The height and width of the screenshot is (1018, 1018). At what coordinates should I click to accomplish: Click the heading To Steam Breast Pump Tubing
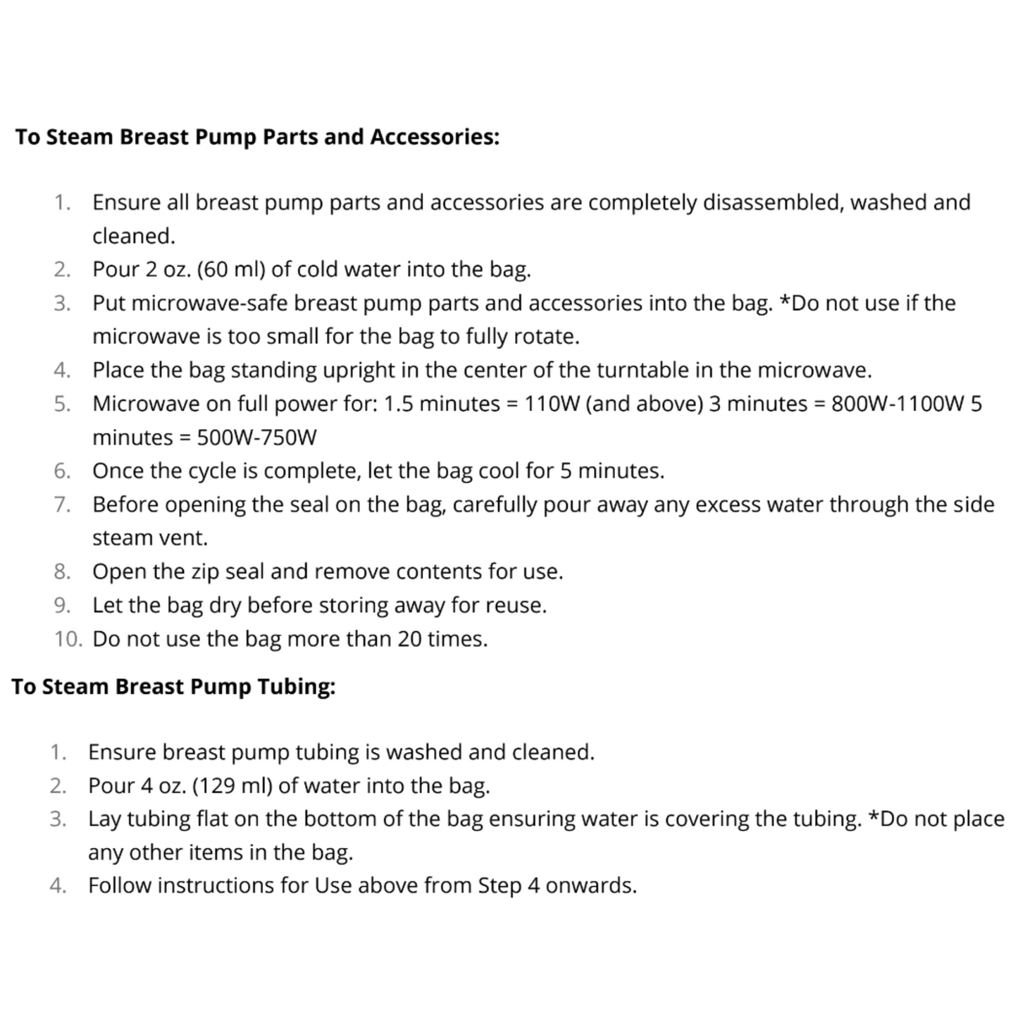tap(173, 686)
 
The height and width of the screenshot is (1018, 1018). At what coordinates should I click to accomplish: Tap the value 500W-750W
tap(256, 438)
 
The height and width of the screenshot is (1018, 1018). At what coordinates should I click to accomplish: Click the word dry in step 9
tap(223, 606)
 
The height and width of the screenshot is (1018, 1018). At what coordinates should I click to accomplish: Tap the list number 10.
tap(67, 640)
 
